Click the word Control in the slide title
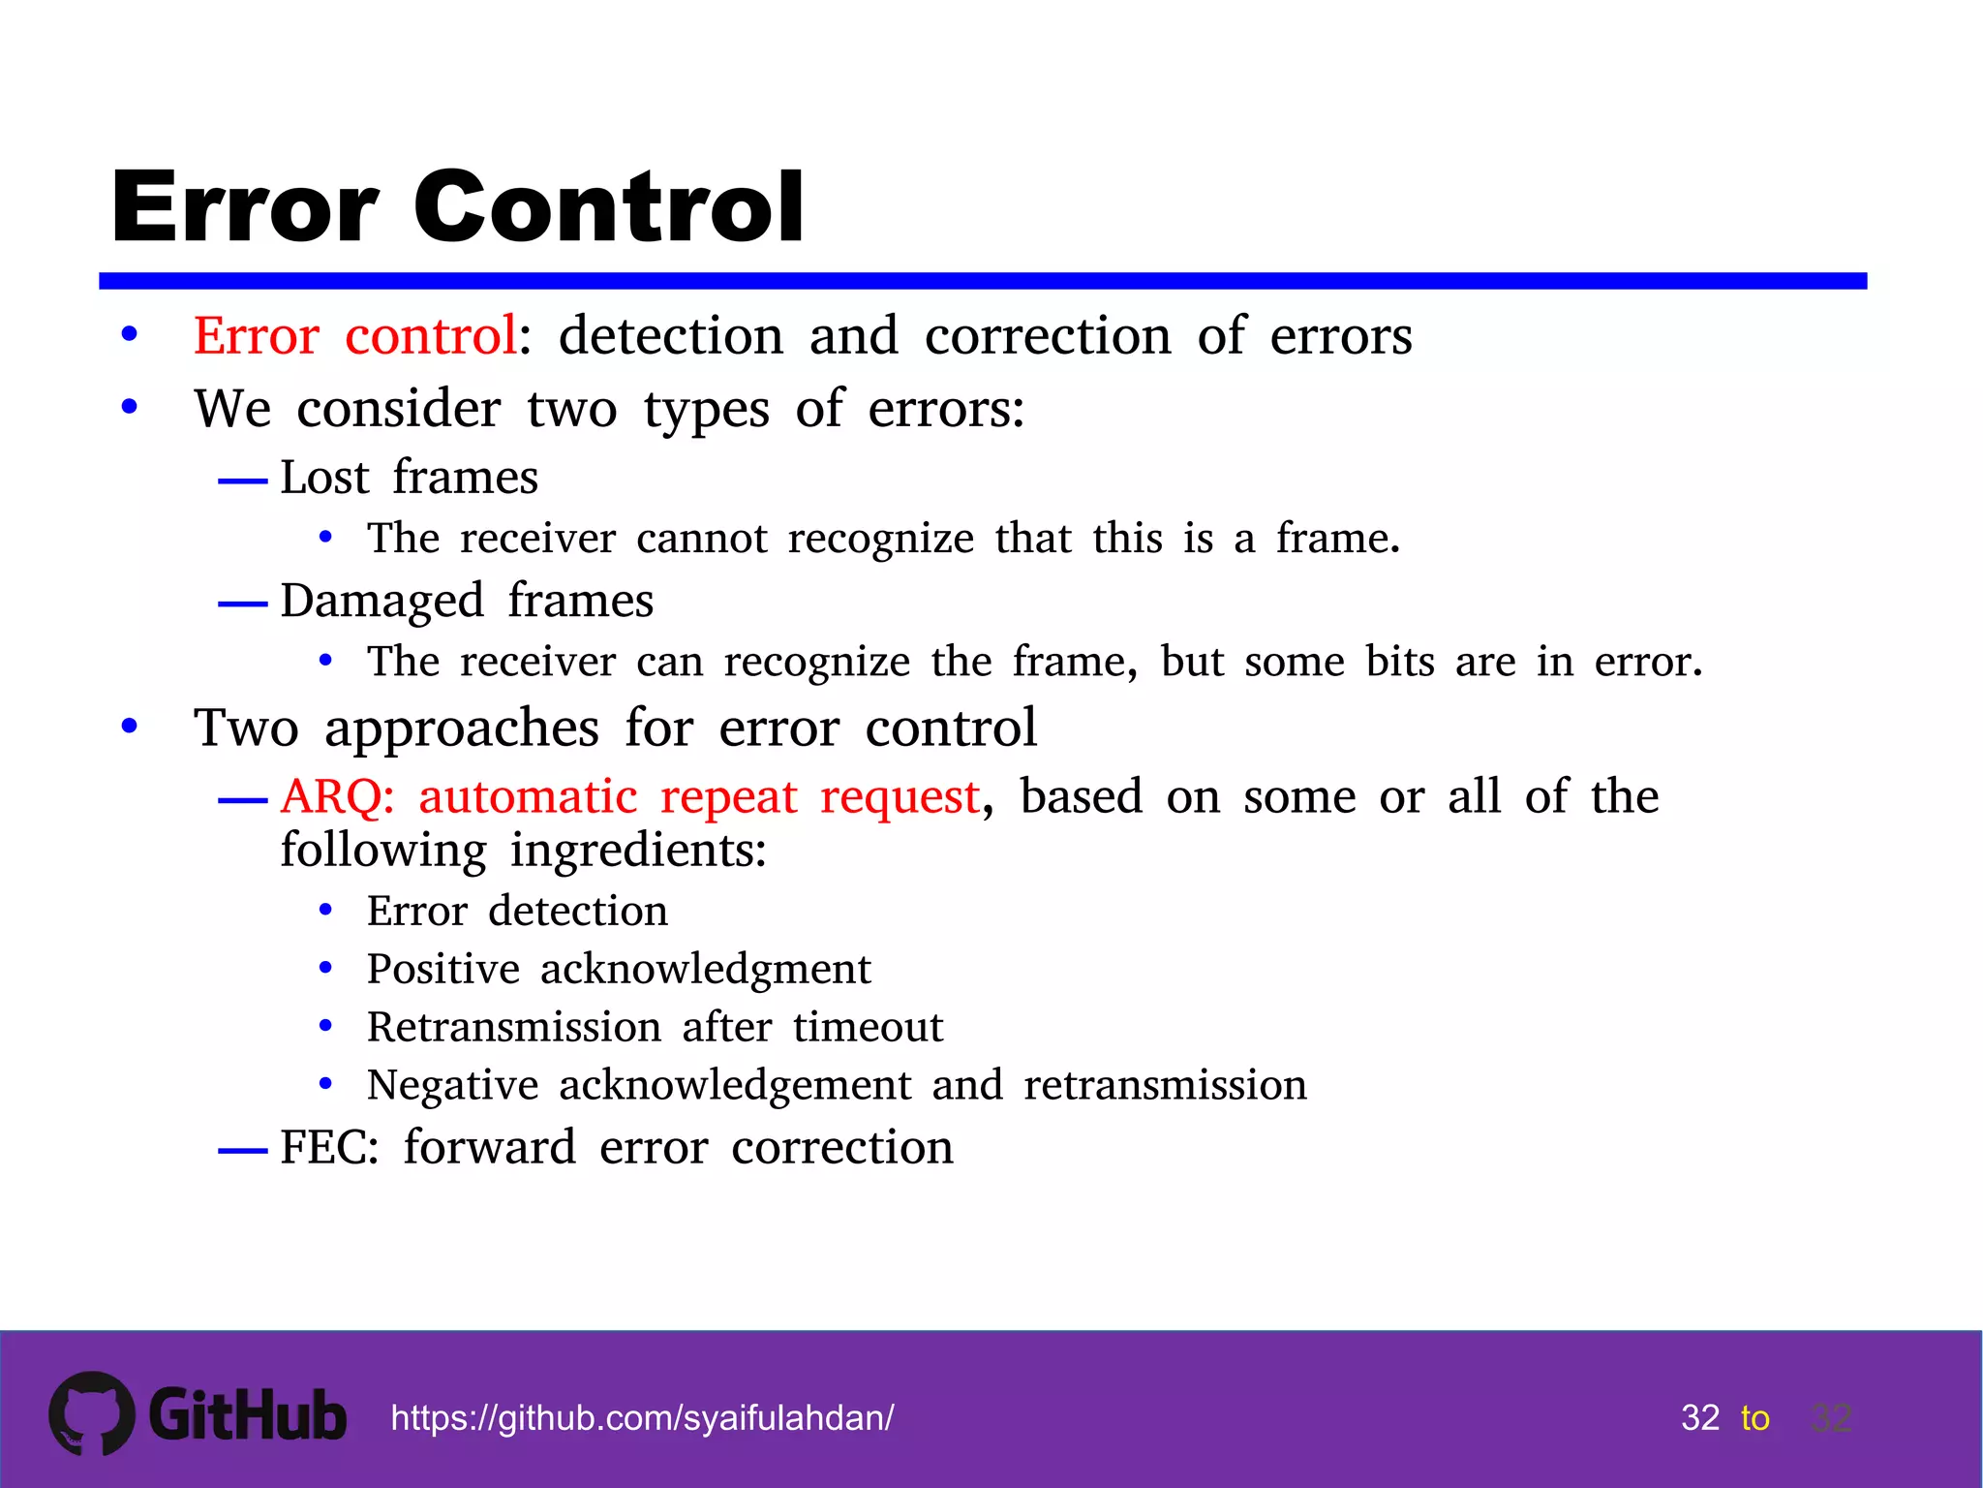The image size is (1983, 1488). tap(609, 207)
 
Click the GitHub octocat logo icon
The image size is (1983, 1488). tap(92, 1413)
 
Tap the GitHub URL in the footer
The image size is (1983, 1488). tap(642, 1418)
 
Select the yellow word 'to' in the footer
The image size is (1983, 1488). tap(1754, 1418)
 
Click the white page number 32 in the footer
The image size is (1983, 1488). tap(1700, 1418)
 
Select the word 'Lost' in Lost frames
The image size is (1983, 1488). tap(324, 478)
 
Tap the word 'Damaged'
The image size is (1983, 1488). tap(381, 602)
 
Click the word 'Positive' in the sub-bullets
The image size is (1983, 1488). tap(443, 970)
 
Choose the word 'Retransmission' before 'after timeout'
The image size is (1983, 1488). tap(514, 1028)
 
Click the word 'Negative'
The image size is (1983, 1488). tap(452, 1086)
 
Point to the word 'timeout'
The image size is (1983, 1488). tap(868, 1028)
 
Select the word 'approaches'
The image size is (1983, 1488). tap(462, 729)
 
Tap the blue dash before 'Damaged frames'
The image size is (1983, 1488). tap(242, 604)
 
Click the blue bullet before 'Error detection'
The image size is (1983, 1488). tap(326, 911)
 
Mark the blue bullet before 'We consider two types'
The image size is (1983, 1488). tap(130, 407)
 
